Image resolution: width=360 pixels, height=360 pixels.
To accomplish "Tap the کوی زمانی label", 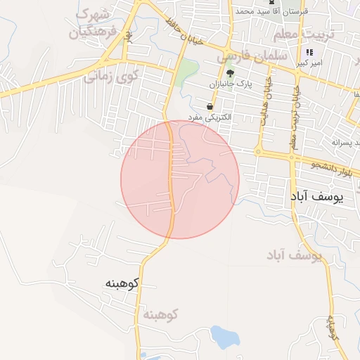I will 113,74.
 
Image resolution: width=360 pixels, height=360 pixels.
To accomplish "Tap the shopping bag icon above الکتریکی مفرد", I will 210,106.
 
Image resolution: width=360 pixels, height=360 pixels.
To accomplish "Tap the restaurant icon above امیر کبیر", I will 309,53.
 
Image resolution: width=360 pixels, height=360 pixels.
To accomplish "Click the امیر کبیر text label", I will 309,63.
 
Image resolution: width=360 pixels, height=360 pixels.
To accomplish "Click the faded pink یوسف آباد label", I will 294,254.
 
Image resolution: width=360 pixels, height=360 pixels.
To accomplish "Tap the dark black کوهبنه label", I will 122,283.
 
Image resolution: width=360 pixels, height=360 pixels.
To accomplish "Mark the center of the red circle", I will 180,179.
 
